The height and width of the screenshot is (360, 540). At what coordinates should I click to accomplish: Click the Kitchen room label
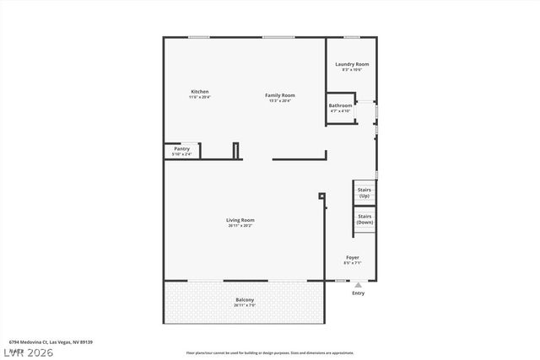(199, 91)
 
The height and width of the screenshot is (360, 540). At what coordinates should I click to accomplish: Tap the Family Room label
(279, 95)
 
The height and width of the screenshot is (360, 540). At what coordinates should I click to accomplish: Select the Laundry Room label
(351, 64)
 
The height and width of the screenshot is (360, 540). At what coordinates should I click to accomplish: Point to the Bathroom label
(340, 105)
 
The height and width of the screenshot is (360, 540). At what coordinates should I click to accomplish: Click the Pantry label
(181, 148)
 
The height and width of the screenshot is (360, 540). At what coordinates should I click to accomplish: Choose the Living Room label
(240, 220)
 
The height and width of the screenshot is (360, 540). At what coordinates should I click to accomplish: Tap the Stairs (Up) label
(364, 193)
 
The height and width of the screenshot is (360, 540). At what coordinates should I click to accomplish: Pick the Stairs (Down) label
(364, 219)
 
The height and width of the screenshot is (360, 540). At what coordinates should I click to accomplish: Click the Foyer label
(352, 257)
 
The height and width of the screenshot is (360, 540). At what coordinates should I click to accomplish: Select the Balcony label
(244, 300)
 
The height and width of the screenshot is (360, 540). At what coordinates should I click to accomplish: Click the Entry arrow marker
(358, 286)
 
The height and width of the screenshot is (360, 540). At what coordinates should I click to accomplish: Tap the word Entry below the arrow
(358, 293)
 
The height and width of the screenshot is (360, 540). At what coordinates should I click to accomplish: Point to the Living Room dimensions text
(240, 225)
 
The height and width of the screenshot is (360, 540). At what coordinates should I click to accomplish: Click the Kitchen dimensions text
(199, 97)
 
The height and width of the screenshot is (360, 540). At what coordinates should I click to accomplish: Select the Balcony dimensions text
(244, 305)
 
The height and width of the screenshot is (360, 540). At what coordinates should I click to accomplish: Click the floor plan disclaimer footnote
(270, 352)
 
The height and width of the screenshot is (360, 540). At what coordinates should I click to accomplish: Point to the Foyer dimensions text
(352, 263)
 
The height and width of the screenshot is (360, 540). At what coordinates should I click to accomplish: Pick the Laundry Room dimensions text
(351, 70)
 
